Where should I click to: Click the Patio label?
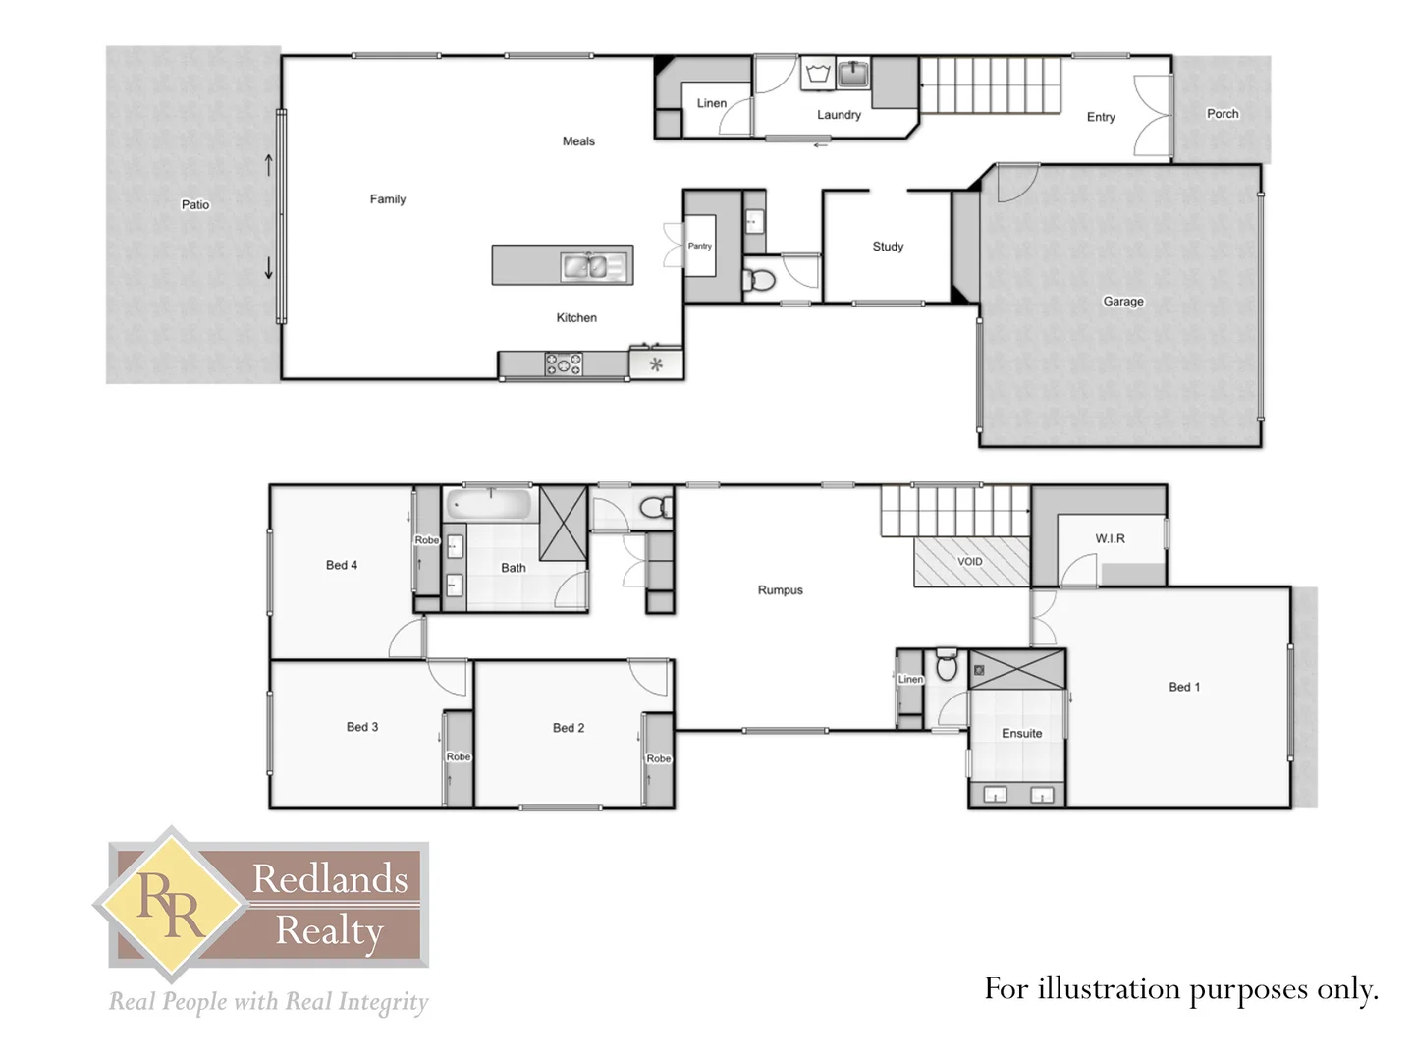click(x=195, y=204)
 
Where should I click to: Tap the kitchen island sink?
click(x=592, y=265)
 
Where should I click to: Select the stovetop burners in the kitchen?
click(x=564, y=364)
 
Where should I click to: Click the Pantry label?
click(x=699, y=246)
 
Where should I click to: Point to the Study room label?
click(x=888, y=247)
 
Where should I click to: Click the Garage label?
click(x=1122, y=302)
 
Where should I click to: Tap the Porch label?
click(x=1222, y=114)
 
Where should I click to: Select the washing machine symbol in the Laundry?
click(x=817, y=74)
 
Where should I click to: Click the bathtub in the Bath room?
click(x=488, y=505)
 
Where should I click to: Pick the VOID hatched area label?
click(x=970, y=562)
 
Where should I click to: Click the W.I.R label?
click(x=1110, y=538)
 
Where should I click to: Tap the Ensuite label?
click(x=1021, y=733)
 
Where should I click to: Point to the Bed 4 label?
click(x=341, y=565)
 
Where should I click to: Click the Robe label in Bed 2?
click(x=658, y=758)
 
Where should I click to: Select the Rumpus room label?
click(x=780, y=590)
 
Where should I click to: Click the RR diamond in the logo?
click(x=172, y=904)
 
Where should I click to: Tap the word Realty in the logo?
click(x=329, y=930)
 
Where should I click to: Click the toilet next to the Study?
click(x=759, y=280)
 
